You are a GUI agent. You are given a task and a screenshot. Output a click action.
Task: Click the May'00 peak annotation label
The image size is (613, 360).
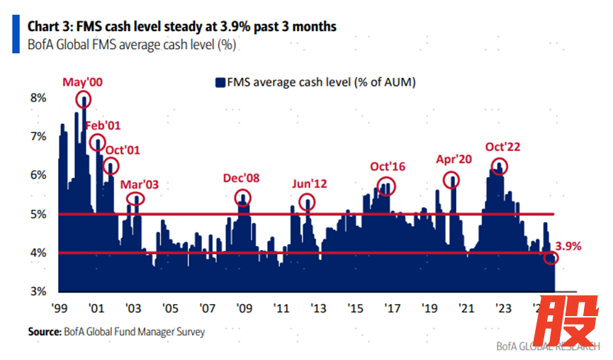pos(83,82)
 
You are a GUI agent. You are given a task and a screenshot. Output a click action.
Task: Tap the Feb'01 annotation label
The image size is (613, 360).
pos(103,126)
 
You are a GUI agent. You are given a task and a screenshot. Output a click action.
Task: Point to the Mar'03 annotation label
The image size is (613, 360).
pos(139,184)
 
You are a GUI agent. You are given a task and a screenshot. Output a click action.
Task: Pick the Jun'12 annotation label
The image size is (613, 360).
pos(309,184)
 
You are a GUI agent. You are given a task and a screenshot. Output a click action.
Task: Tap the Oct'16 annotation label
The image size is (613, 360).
pos(387,167)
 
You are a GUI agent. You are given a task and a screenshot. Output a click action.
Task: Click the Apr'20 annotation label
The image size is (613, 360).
pos(454,159)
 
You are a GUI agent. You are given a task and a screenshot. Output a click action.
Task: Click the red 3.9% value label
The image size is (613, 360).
pos(568,246)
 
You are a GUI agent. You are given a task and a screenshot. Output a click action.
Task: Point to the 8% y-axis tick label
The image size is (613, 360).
pos(38,98)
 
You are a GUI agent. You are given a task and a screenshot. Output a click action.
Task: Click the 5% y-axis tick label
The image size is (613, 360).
pos(38,214)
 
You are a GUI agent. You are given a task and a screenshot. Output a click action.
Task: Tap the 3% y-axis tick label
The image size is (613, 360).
pos(38,291)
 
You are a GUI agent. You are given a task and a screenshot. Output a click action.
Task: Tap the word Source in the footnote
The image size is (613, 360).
pos(44,331)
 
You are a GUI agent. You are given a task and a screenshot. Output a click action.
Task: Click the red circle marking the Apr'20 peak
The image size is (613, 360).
pos(451,180)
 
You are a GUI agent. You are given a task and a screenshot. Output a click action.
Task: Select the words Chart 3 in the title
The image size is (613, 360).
pos(49,27)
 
